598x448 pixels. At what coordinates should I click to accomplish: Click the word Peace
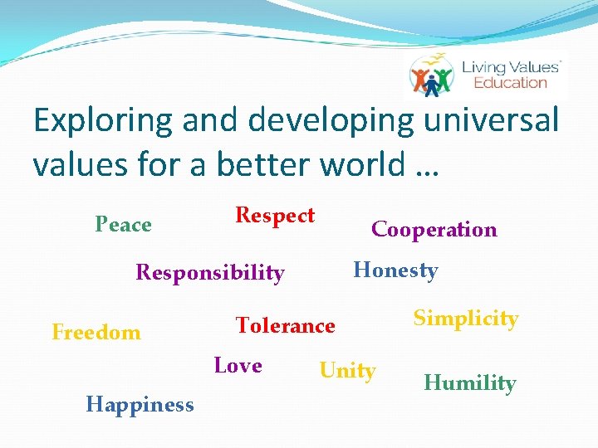123,225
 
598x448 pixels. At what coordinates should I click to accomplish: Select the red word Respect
275,216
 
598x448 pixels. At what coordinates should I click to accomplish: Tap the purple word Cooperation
434,230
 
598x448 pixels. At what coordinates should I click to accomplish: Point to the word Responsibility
209,272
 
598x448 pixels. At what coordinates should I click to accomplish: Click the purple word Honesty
395,270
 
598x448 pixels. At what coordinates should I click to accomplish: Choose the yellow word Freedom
96,333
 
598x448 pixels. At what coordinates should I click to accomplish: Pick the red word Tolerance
285,326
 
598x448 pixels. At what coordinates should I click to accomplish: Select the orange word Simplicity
466,319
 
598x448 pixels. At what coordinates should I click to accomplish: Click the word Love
238,366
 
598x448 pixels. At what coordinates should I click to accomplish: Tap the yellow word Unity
347,371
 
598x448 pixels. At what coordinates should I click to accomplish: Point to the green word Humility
469,382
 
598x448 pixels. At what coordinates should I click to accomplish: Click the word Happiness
140,405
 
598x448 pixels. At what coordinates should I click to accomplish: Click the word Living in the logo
491,66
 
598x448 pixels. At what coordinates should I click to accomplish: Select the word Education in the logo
510,82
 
